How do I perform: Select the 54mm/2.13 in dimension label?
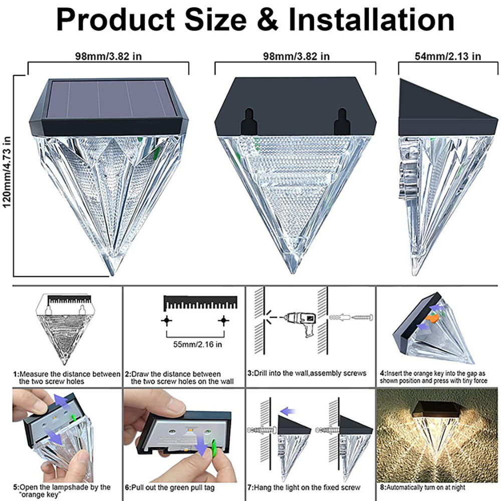tap(448, 56)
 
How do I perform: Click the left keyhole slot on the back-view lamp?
tap(246, 120)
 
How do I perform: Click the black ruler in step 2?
tap(200, 302)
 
